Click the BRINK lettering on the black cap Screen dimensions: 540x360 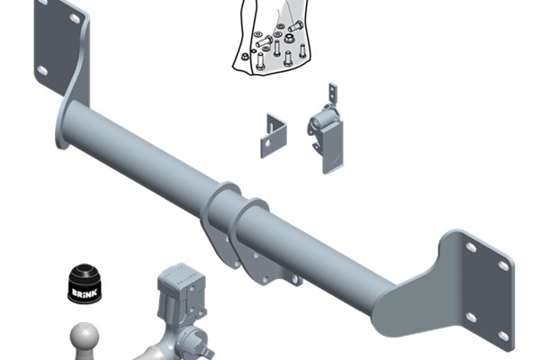tap(85, 292)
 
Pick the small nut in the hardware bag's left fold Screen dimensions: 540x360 tap(245, 57)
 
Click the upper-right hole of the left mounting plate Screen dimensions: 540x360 tap(75, 18)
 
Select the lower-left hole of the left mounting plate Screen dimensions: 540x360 tap(42, 70)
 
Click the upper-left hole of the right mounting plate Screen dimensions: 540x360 tap(471, 247)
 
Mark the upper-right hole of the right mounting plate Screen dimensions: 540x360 tap(503, 265)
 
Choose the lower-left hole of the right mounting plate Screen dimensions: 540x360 tap(471, 318)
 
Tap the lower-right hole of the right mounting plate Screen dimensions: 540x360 tap(503, 337)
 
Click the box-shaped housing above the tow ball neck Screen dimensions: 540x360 tap(181, 290)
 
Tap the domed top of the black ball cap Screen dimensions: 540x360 tap(85, 270)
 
